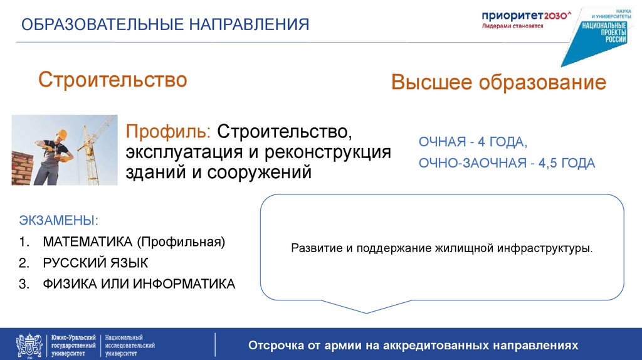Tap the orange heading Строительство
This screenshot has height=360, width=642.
click(x=113, y=80)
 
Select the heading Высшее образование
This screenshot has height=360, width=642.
click(x=498, y=83)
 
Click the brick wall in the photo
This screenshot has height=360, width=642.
click(x=23, y=167)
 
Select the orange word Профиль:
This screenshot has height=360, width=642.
click(x=169, y=132)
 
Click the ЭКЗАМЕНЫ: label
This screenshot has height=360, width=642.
click(x=58, y=221)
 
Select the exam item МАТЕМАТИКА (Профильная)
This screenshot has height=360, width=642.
click(x=134, y=241)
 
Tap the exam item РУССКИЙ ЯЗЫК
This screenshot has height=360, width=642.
click(x=95, y=263)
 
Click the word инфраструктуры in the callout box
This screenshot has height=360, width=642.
click(x=544, y=248)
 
